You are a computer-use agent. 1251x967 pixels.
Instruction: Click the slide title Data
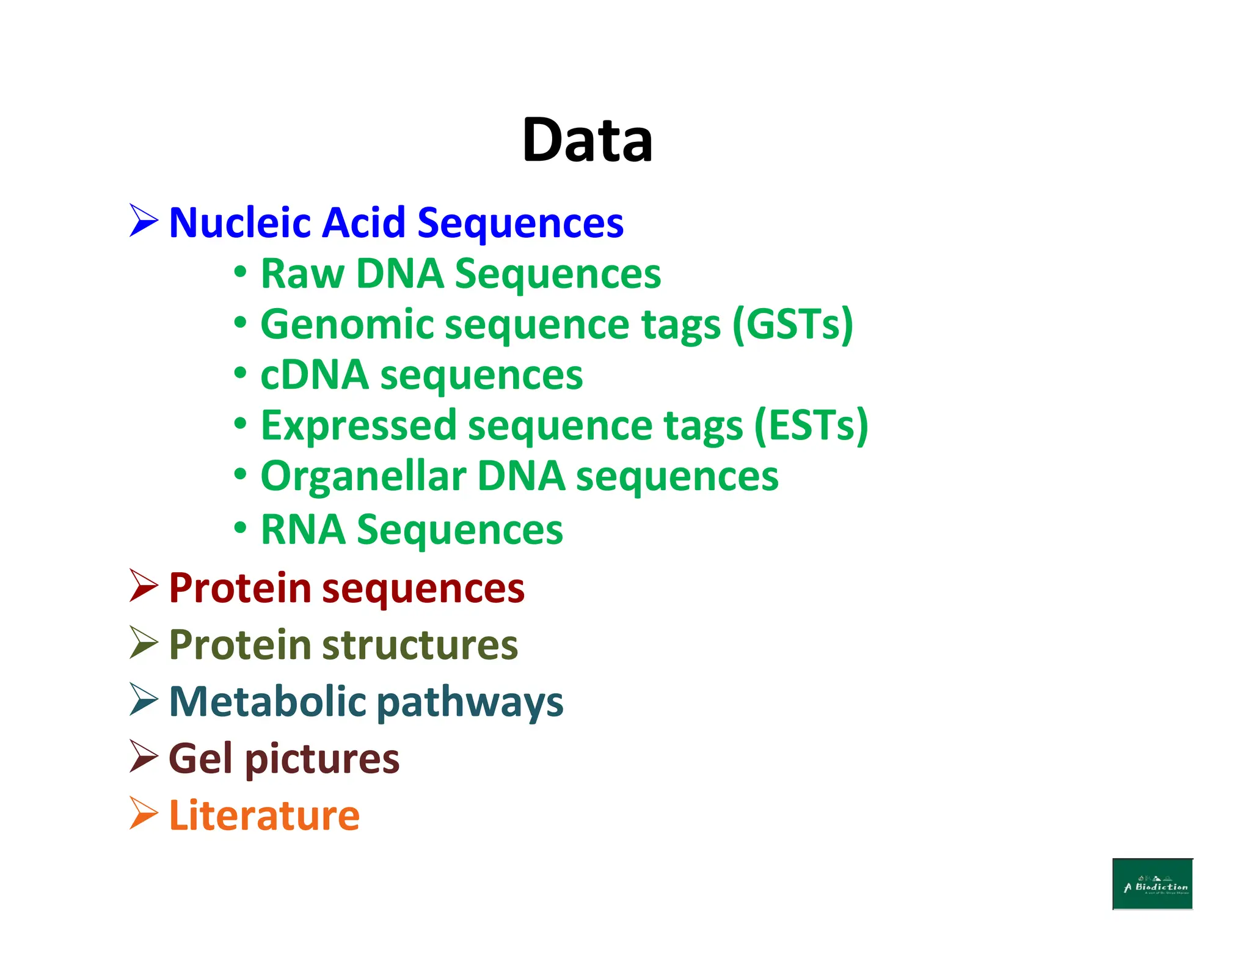click(x=587, y=140)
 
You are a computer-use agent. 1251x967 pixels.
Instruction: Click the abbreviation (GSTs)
click(x=792, y=325)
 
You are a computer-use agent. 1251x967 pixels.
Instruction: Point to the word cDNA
click(x=314, y=375)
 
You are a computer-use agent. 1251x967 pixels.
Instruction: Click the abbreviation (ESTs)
click(x=811, y=425)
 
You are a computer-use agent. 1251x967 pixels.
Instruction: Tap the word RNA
click(x=302, y=529)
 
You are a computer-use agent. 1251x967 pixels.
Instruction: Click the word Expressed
click(x=359, y=425)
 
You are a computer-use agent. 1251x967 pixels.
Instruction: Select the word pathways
click(x=469, y=703)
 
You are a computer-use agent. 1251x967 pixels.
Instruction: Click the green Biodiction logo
click(x=1152, y=884)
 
